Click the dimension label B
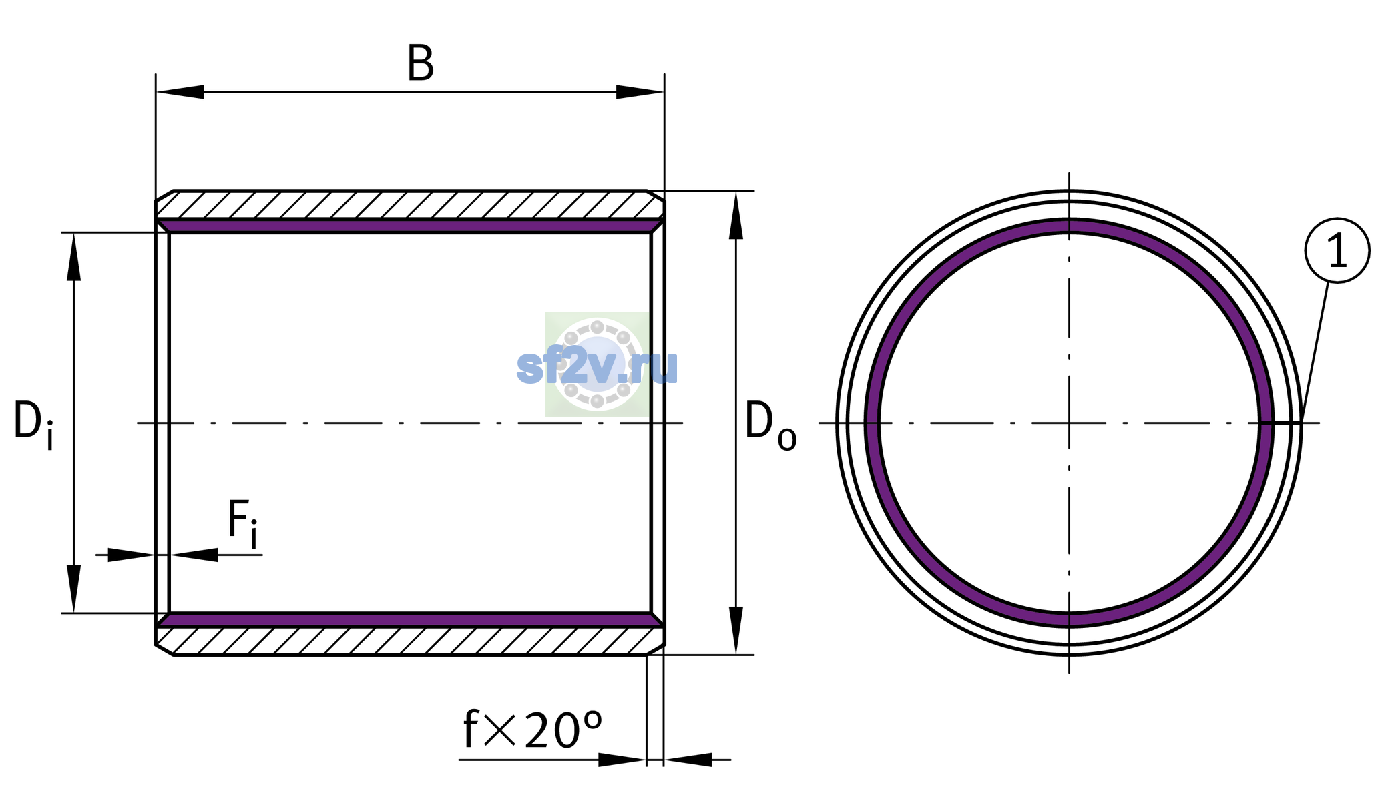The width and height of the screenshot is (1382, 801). tap(421, 64)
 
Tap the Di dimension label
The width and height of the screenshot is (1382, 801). tap(33, 425)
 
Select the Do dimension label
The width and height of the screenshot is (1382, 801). tap(770, 425)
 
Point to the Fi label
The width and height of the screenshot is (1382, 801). tap(242, 523)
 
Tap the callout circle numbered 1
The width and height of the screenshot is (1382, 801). tap(1337, 250)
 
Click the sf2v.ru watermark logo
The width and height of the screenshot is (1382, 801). tap(597, 364)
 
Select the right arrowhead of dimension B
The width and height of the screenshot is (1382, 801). tap(640, 92)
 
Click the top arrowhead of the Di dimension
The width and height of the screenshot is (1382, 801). tap(74, 256)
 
